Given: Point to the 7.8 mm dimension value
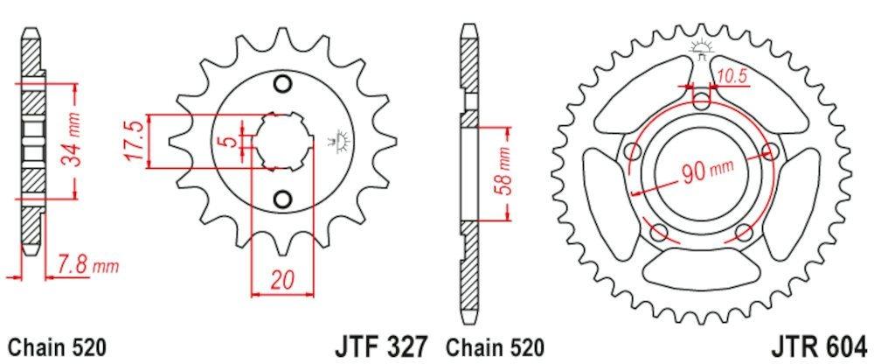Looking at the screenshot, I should (86, 263).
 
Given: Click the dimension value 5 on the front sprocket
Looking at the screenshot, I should (226, 141).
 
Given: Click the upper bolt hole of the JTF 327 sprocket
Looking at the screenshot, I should (281, 84).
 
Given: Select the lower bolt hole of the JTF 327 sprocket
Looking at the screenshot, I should (281, 199).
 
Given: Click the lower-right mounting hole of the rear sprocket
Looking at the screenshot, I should (744, 232).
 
